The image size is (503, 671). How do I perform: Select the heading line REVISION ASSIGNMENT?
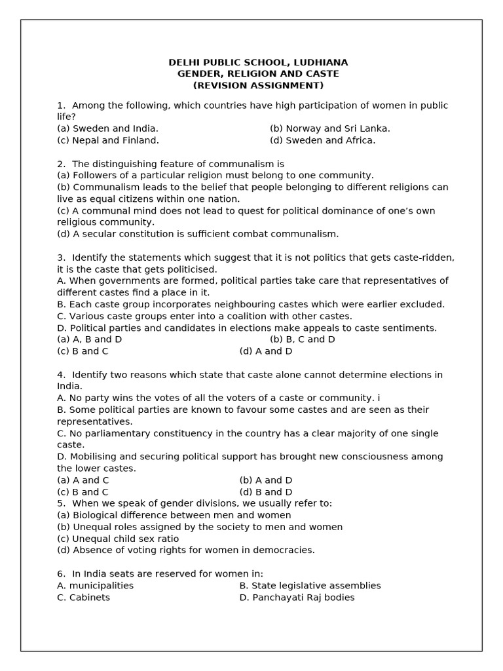coord(258,86)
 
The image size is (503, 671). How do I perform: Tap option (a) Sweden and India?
coord(107,128)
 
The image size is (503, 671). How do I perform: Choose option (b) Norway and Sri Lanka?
coord(329,128)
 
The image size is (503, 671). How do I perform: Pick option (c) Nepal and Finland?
coord(107,140)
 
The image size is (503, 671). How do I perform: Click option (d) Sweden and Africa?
coord(322,140)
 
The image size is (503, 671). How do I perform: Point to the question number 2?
coord(60,164)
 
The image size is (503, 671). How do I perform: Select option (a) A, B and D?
coord(89,339)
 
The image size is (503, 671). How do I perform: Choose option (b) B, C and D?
coord(302,339)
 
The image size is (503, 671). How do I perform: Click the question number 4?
coord(60,375)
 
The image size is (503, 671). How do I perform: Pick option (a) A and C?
coord(83,480)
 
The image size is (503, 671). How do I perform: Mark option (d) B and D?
coord(265,492)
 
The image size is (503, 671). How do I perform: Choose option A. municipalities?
coord(95,586)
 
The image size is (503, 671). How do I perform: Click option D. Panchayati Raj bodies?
coord(297,598)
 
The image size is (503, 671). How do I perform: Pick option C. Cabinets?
coord(83,598)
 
